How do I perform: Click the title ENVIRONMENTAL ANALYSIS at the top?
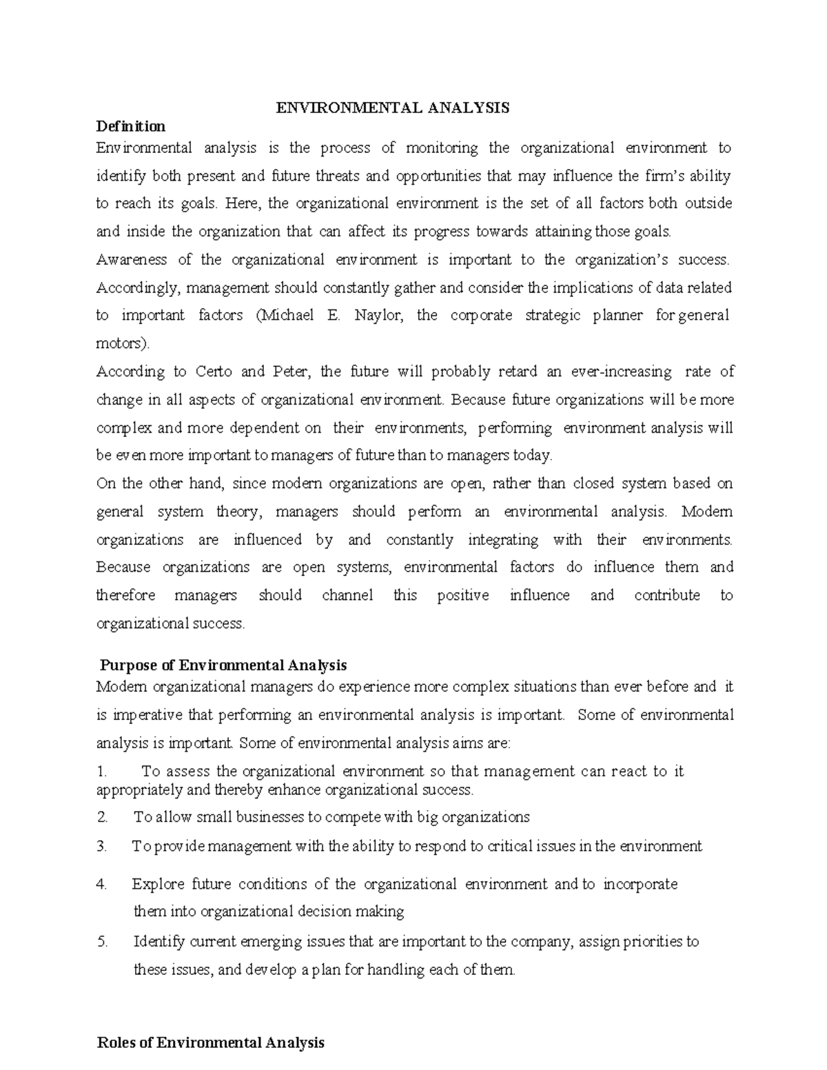tap(393, 107)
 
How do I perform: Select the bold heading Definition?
tap(131, 126)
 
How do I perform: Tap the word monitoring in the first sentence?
tap(442, 148)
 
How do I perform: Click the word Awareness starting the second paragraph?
tap(132, 260)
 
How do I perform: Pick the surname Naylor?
tap(375, 316)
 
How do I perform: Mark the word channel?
tap(347, 595)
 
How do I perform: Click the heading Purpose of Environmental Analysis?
tap(223, 666)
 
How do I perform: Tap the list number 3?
tap(103, 847)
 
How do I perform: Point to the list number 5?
tap(103, 942)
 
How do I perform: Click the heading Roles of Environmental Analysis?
tap(210, 1043)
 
